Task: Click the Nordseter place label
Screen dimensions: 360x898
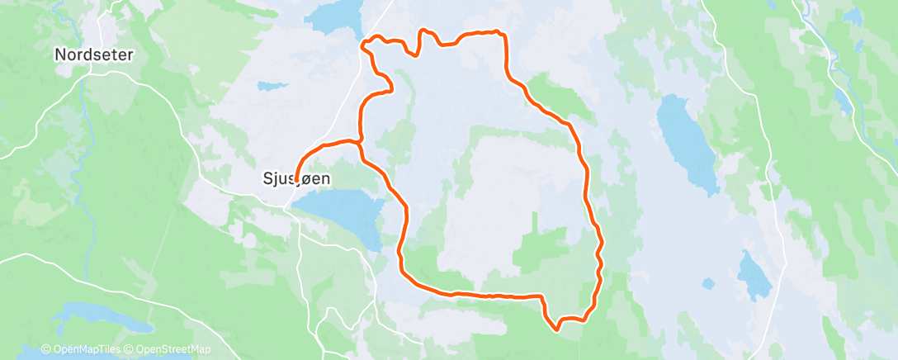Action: point(93,54)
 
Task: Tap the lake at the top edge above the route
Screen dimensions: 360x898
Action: point(334,14)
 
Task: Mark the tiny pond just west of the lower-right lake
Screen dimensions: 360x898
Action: point(707,285)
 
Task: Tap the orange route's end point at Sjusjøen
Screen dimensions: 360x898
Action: point(295,177)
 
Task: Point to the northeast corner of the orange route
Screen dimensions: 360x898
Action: point(500,33)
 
